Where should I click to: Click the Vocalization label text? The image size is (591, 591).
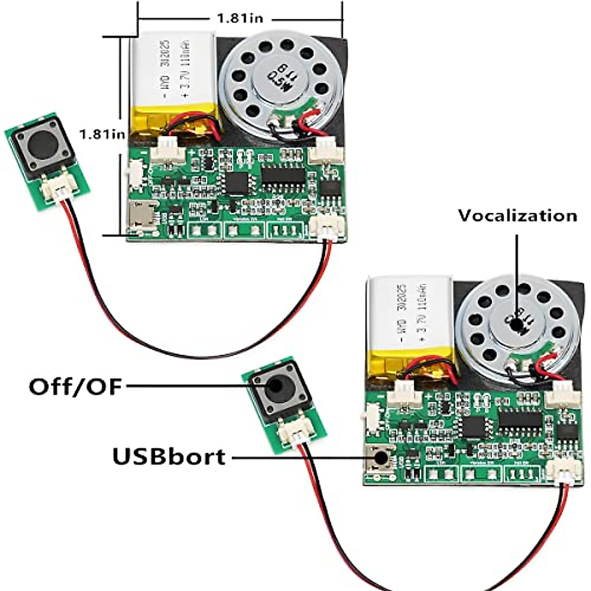pos(517,216)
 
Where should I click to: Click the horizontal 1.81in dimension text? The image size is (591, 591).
pos(240,19)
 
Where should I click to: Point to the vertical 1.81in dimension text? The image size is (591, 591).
pos(102,134)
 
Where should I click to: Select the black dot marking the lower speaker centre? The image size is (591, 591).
pos(516,326)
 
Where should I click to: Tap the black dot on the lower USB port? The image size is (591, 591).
pos(380,458)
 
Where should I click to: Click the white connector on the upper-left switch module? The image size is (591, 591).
pos(57,189)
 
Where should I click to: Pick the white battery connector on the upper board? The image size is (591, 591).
pos(167,152)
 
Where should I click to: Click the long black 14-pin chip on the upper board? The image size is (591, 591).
pos(283,175)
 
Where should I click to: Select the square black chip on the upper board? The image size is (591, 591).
pos(236,182)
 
